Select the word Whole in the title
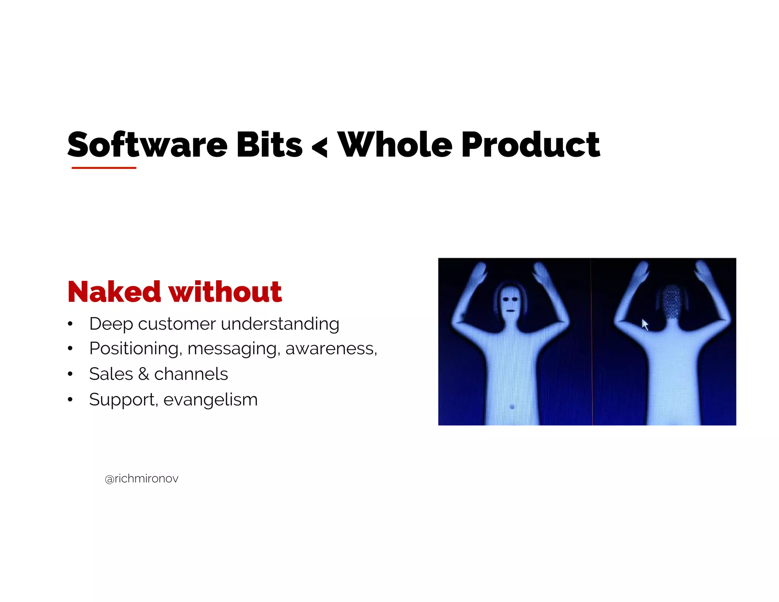tap(395, 145)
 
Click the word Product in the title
tap(531, 145)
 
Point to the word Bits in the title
tap(269, 145)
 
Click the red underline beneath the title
tap(104, 167)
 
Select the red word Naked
tap(114, 292)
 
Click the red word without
tap(225, 292)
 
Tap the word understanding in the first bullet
tap(280, 324)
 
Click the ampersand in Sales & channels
tap(143, 374)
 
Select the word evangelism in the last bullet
tap(210, 400)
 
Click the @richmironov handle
tap(141, 479)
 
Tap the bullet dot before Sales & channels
tap(70, 374)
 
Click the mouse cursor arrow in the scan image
tap(645, 324)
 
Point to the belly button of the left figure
tap(512, 406)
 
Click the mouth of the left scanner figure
tap(510, 311)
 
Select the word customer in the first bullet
tap(177, 324)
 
